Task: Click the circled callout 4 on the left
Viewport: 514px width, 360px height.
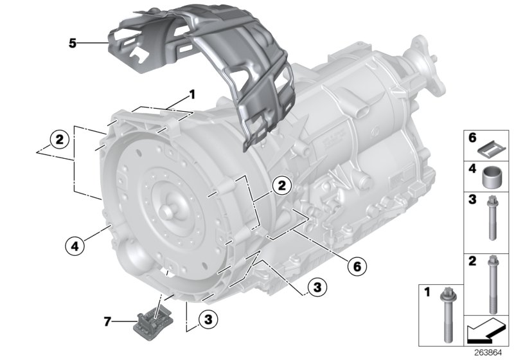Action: [75, 244]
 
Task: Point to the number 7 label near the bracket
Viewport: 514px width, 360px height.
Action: [108, 320]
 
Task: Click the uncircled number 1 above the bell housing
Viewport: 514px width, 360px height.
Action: [191, 95]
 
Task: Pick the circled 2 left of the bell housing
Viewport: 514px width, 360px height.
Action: [58, 139]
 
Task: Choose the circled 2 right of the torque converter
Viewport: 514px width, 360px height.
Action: [280, 185]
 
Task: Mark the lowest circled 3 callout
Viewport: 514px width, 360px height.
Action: [207, 318]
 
